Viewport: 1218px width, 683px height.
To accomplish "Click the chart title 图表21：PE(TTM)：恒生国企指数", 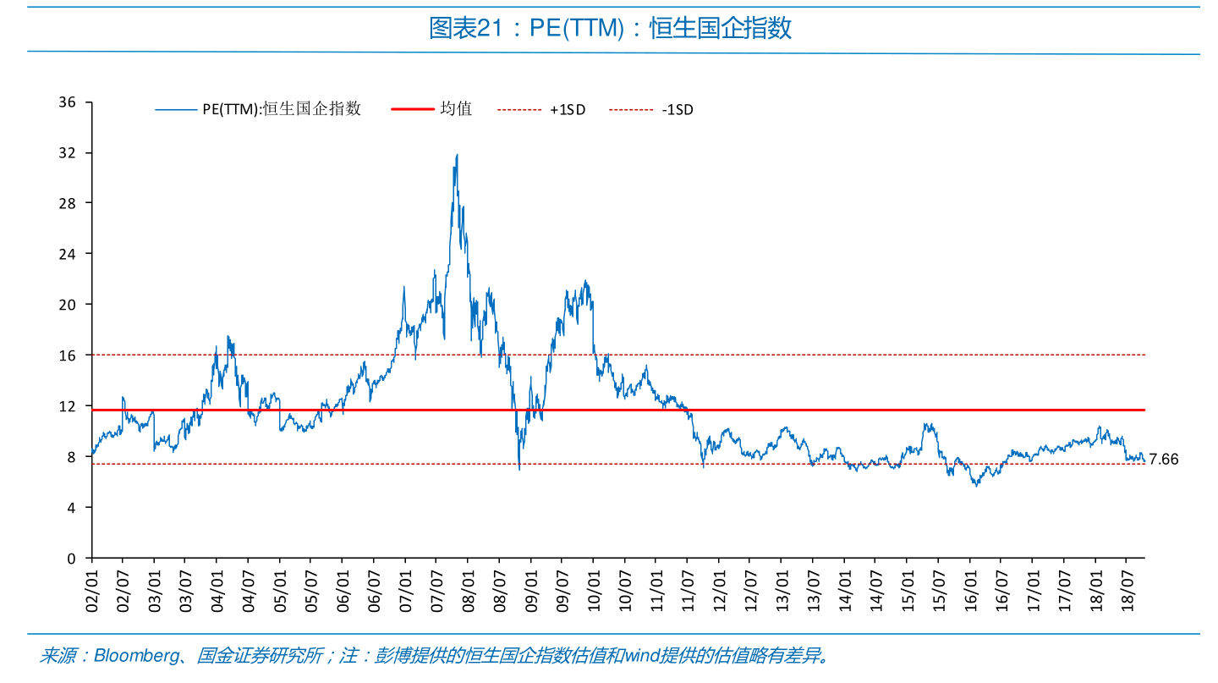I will coord(610,29).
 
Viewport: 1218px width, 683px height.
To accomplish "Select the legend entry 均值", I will coord(456,109).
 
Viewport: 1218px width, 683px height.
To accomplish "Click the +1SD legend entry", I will coord(567,109).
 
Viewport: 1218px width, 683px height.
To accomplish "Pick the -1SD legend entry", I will coord(678,109).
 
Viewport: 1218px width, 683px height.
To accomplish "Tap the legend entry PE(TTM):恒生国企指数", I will coord(281,109).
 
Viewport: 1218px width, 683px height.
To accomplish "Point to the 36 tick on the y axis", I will coord(68,102).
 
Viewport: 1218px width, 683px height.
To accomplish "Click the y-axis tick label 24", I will coord(68,254).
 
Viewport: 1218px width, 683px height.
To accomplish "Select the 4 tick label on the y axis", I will coord(72,508).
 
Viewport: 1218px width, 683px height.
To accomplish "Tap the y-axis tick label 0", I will coord(72,559).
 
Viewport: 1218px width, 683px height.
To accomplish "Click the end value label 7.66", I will coord(1164,460).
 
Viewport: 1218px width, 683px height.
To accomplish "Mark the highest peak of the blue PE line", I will coord(457,155).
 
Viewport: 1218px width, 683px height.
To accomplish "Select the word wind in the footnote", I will coord(640,656).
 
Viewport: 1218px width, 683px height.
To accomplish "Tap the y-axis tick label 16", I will coord(68,355).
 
